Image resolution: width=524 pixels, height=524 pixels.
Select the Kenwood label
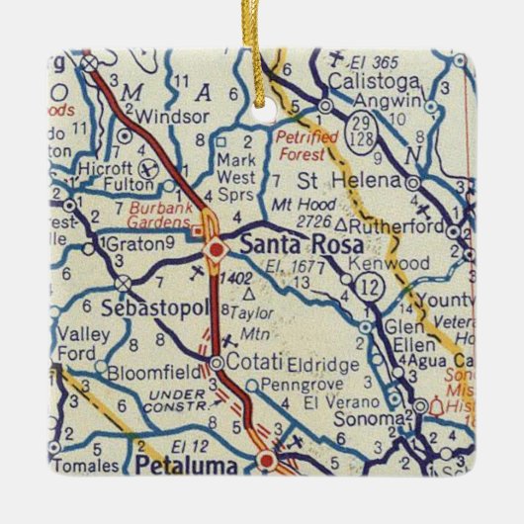pyautogui.click(x=396, y=264)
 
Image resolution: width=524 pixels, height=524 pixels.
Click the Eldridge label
pyautogui.click(x=323, y=365)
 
